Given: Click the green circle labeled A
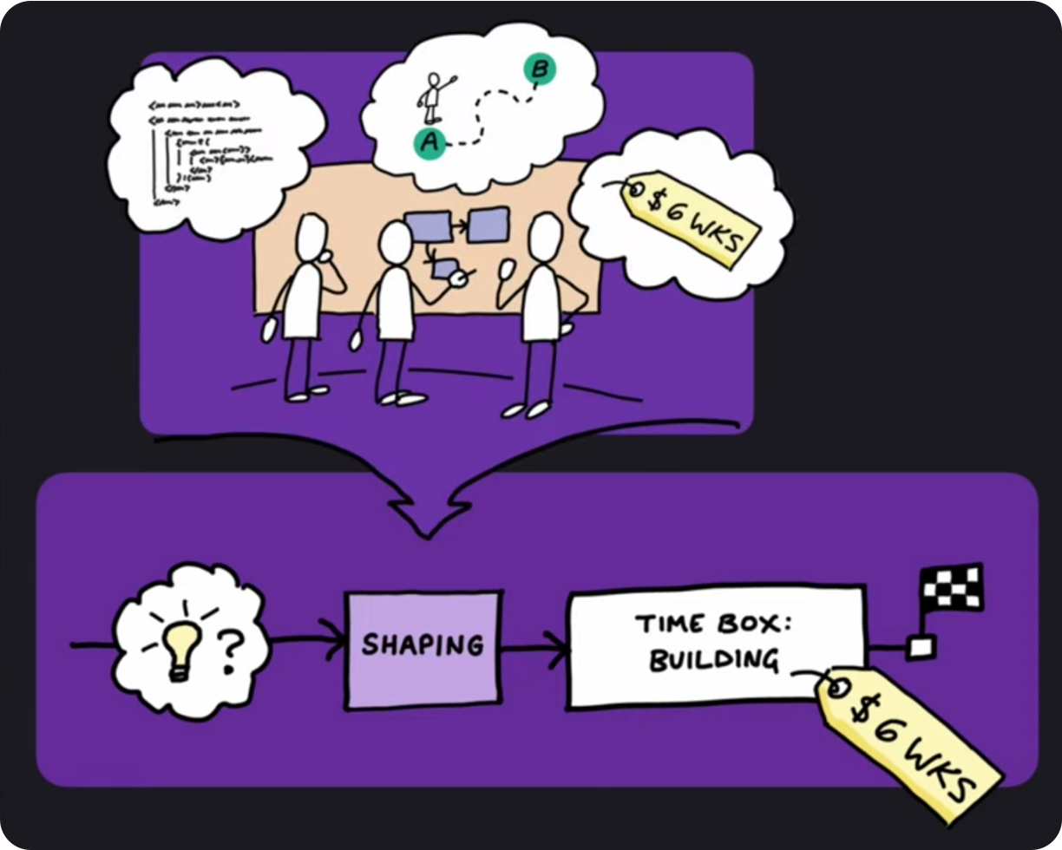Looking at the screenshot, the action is pyautogui.click(x=427, y=142).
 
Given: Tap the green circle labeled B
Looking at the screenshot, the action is pyautogui.click(x=538, y=69).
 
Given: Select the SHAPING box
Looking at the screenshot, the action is pyautogui.click(x=423, y=646).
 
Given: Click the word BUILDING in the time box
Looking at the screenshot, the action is pyautogui.click(x=713, y=661).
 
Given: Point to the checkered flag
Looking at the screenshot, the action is pyautogui.click(x=952, y=587).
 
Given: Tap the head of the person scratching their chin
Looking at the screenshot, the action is pyautogui.click(x=311, y=238).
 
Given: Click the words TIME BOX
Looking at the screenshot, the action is pyautogui.click(x=713, y=624).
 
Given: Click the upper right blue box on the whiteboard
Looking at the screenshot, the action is pyautogui.click(x=488, y=225).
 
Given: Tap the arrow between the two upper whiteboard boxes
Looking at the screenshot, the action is pyautogui.click(x=459, y=226).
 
